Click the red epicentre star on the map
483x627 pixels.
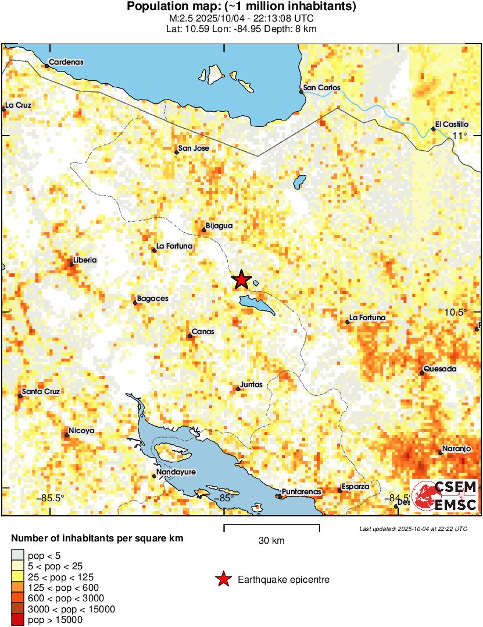tap(241, 280)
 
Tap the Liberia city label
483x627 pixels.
tap(85, 260)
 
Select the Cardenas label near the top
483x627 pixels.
tap(66, 62)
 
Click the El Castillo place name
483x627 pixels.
tap(452, 125)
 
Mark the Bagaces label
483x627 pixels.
tap(153, 299)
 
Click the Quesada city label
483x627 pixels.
tap(440, 369)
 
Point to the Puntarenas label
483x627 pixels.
tap(301, 493)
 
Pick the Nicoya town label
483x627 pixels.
tap(81, 431)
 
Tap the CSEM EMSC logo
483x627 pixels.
tap(446, 496)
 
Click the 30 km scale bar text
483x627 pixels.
tap(271, 541)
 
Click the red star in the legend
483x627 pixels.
tap(223, 579)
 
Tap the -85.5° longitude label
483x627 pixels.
tap(52, 498)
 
